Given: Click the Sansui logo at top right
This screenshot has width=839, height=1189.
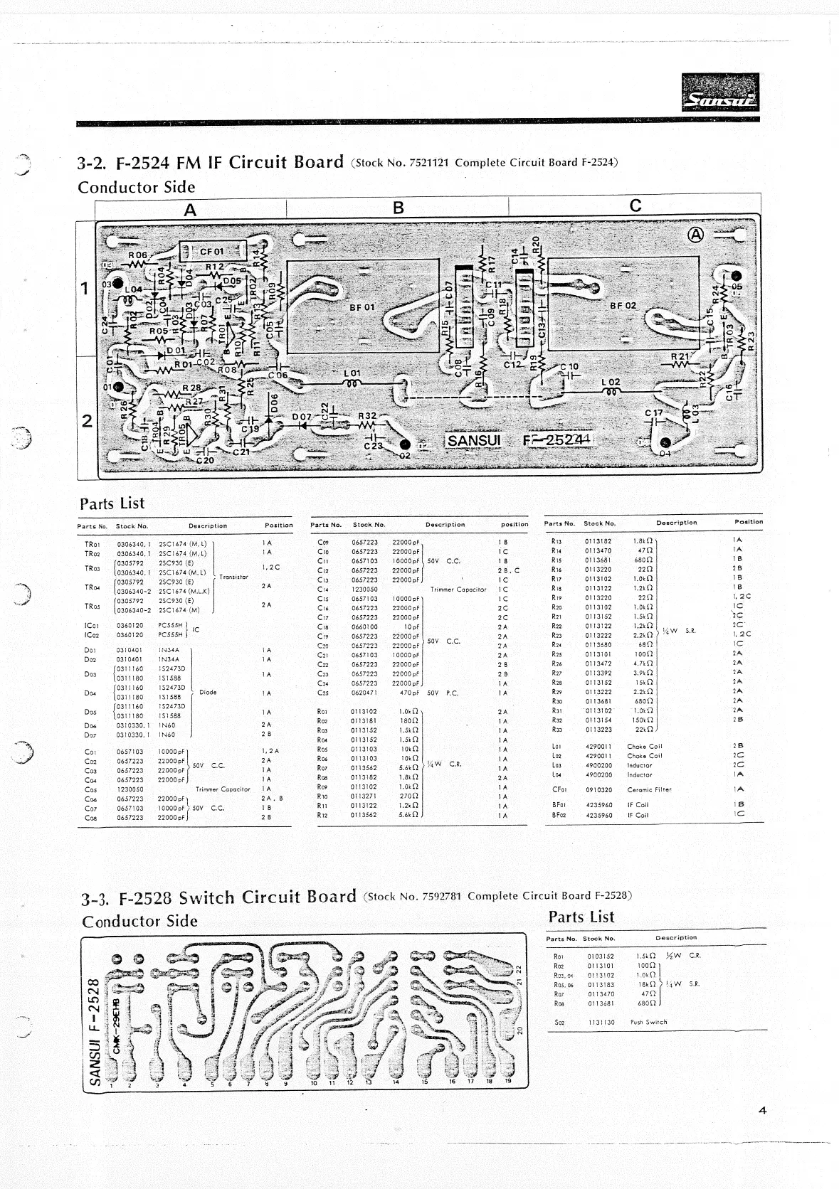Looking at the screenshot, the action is (x=720, y=93).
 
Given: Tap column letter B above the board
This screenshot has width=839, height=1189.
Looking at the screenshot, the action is (x=399, y=207).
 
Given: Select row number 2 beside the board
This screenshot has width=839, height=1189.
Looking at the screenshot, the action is (x=86, y=420).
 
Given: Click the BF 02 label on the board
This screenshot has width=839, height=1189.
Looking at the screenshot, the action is (x=623, y=305).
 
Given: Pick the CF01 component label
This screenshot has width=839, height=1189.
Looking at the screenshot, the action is (x=211, y=251).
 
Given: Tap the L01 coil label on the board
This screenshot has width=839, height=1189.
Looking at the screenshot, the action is (x=352, y=373).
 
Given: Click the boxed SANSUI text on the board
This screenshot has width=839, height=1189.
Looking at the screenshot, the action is (x=474, y=440).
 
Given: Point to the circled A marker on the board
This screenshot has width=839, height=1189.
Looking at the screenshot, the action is (x=695, y=235).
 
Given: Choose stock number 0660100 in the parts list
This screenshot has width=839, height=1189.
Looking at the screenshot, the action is (x=365, y=627).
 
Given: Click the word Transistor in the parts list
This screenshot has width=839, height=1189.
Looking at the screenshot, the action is (x=234, y=577).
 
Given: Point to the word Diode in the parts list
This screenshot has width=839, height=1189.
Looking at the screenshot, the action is (x=208, y=692).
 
